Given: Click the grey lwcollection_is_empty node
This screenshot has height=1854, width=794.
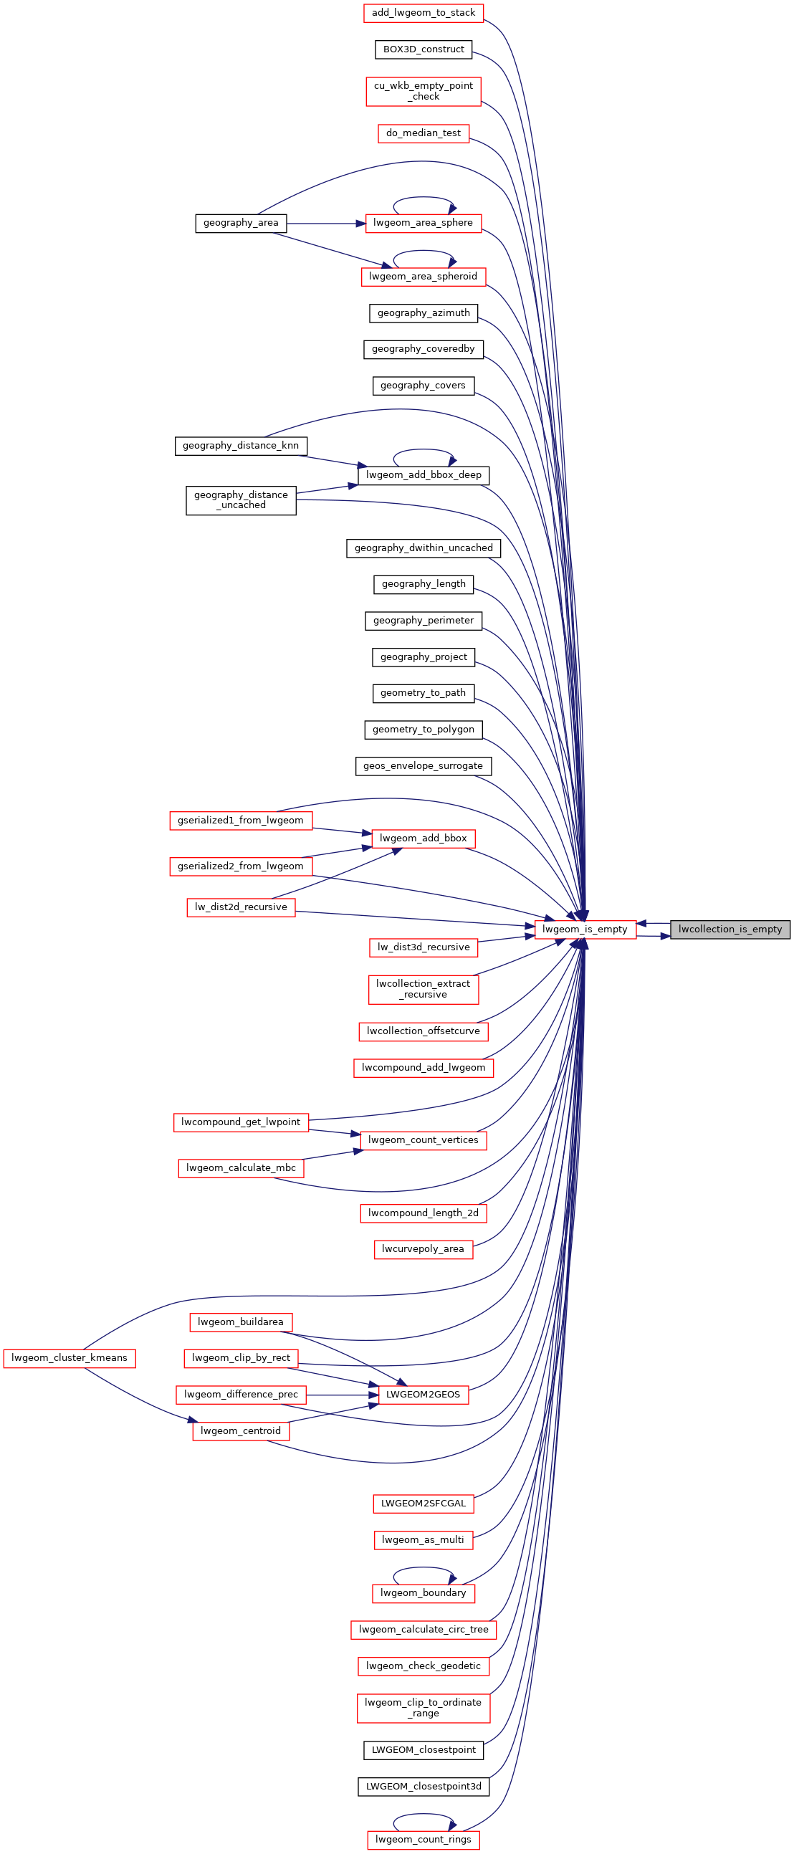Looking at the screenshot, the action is point(730,930).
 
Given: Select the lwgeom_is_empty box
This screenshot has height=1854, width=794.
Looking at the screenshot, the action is point(585,930).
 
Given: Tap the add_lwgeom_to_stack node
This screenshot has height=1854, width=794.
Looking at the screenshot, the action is point(424,13).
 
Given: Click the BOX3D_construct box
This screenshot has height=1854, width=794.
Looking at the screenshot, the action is point(424,49).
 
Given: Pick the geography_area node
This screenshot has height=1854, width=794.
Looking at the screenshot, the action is point(241,223).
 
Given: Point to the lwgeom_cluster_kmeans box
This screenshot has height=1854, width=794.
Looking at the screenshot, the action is point(70,1358).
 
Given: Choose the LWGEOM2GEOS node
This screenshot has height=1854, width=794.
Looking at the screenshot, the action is point(424,1395).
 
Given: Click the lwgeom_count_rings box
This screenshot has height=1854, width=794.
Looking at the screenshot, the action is point(424,1840).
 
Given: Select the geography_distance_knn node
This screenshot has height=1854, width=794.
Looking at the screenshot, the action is point(241,446).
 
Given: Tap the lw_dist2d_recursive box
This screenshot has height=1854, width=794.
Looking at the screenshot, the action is point(241,907).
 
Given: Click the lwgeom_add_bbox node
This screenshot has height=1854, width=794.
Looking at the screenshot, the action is point(424,838).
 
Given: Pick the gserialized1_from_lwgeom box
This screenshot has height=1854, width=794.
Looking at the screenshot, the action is point(241,821).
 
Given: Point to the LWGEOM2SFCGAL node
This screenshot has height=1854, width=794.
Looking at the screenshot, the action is point(424,1504).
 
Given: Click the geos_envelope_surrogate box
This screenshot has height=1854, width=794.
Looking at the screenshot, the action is point(424,766).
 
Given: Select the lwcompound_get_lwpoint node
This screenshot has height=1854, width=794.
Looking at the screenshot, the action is point(241,1122).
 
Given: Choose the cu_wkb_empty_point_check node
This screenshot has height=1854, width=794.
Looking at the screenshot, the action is point(424,92).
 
